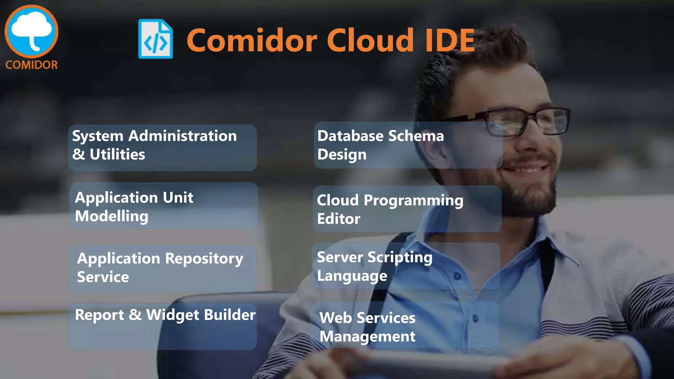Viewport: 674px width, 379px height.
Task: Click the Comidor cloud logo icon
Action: coord(31,31)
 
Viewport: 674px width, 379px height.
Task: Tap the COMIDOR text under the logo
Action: coord(31,65)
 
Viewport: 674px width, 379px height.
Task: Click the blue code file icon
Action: coord(155,39)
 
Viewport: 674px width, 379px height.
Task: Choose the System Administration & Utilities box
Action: coord(162,147)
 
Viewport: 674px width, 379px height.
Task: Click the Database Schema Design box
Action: coord(408,145)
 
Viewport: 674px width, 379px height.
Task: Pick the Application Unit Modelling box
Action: coord(163,206)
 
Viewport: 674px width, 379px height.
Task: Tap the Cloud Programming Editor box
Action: coord(407,209)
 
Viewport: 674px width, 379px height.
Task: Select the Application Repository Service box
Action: coord(162,268)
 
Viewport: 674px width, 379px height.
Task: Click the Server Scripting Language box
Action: coord(406,266)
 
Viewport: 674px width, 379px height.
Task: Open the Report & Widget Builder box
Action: coord(162,326)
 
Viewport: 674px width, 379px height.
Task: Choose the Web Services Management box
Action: coord(404,325)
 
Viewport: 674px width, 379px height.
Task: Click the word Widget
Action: coord(173,315)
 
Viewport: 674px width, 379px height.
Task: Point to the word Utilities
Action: coord(117,154)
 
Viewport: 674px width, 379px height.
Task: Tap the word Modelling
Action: coord(112,216)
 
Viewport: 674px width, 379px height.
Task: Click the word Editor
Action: coord(339,219)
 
